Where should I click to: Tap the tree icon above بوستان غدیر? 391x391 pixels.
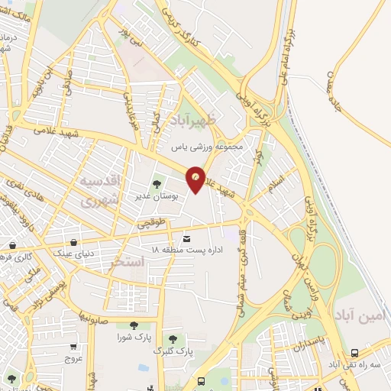[157, 183]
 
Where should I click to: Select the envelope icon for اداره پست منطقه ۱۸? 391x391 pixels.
[187, 239]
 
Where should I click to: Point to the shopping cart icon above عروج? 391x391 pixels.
[73, 345]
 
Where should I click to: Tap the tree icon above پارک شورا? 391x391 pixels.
[134, 325]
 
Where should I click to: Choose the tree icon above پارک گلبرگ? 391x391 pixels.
[173, 338]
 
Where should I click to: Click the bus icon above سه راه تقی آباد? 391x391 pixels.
[354, 354]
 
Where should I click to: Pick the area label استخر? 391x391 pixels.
[128, 262]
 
